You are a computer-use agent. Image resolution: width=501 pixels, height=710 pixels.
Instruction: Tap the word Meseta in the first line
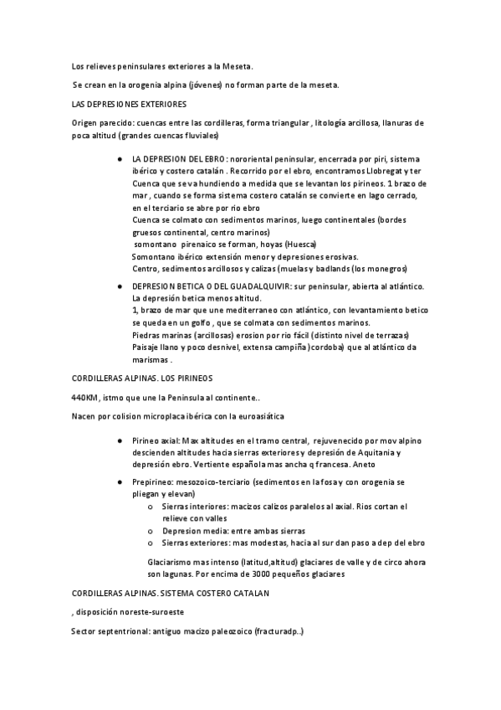tap(236, 64)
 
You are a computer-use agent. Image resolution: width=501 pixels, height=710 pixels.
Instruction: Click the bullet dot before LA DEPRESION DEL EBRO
tap(124, 159)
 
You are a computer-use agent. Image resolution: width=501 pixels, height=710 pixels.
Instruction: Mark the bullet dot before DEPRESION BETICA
tap(124, 286)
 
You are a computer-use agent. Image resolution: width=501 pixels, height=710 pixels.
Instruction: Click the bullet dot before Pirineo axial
tap(124, 440)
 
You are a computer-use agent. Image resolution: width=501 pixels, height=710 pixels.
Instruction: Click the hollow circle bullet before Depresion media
tap(150, 530)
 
